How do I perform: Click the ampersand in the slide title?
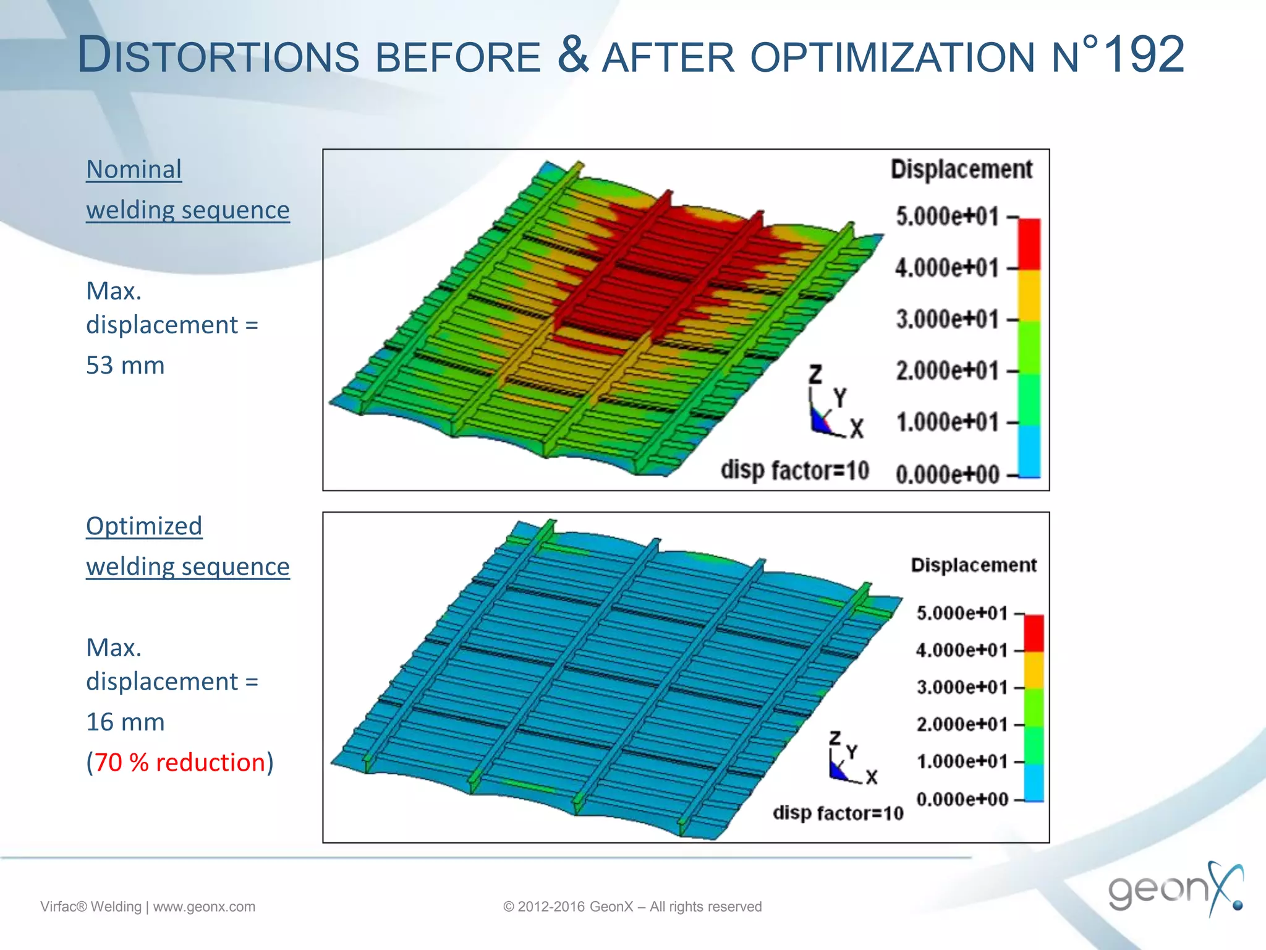(x=572, y=54)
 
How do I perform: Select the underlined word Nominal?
(x=134, y=169)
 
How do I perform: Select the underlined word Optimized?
(x=144, y=526)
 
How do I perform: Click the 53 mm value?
(x=125, y=366)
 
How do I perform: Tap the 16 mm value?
(x=125, y=722)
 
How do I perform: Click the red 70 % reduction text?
(x=180, y=763)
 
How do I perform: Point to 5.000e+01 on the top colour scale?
(x=947, y=217)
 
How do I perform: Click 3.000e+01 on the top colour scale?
(x=947, y=320)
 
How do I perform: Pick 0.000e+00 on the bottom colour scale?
(x=962, y=799)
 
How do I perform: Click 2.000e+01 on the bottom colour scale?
(x=962, y=724)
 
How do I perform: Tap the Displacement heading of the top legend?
(x=961, y=169)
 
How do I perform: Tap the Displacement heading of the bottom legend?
(x=974, y=565)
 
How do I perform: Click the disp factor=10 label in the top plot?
(x=795, y=471)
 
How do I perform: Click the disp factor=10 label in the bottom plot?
(x=838, y=813)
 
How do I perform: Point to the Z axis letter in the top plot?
(x=816, y=375)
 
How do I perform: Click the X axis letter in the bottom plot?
(x=872, y=777)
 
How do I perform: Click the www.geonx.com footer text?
(x=204, y=907)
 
